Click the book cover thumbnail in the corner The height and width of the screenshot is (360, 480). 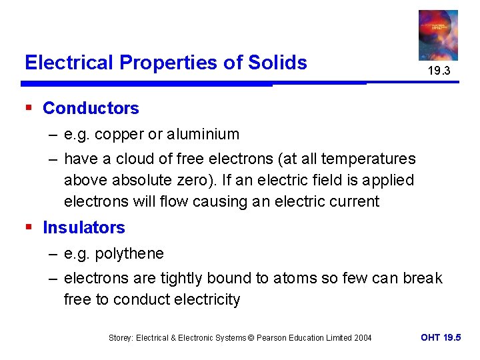pos(438,35)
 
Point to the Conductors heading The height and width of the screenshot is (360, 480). pos(91,108)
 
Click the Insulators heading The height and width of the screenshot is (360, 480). pos(84,227)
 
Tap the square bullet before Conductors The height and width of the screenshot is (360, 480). pos(29,107)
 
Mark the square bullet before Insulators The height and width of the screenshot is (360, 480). pos(29,227)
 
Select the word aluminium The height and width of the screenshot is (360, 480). pos(203,134)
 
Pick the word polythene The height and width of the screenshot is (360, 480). pos(129,253)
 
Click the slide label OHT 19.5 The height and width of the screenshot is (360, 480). pos(441,338)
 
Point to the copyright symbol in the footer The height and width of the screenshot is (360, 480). pos(252,338)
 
